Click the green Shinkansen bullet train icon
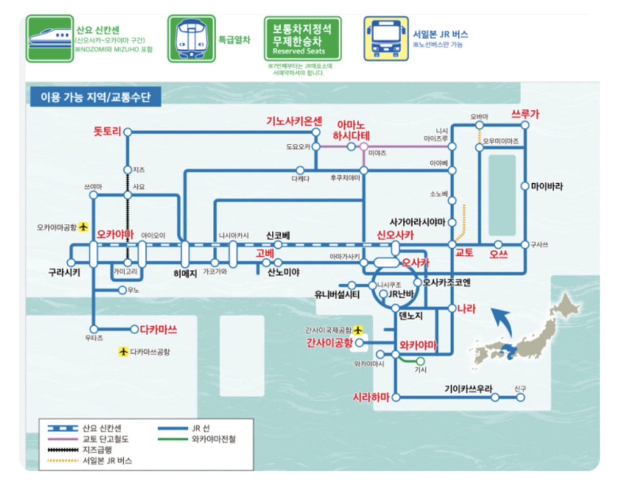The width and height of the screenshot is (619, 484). (x=49, y=38)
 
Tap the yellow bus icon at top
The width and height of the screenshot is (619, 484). (x=386, y=38)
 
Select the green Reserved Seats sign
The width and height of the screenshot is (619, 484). (x=302, y=38)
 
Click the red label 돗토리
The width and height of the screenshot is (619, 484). (x=107, y=131)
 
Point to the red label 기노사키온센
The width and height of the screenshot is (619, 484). (x=294, y=122)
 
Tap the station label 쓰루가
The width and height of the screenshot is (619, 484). (x=525, y=114)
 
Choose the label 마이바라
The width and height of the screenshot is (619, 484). (x=547, y=186)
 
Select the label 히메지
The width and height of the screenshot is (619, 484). (x=185, y=274)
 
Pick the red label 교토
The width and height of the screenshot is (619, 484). (x=464, y=253)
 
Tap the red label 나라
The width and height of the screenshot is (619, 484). (x=466, y=308)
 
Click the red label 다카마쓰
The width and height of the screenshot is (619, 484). (x=158, y=330)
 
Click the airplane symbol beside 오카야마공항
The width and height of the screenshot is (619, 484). (x=84, y=226)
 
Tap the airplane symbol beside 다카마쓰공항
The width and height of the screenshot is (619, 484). (x=123, y=352)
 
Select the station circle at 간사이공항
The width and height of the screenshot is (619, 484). (x=359, y=342)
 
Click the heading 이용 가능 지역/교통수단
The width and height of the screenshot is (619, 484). (x=95, y=97)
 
